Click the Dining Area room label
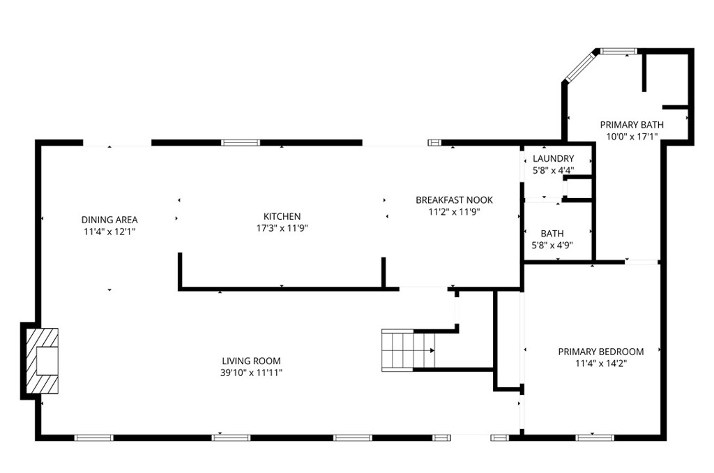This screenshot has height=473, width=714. (x=109, y=220)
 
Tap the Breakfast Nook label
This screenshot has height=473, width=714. (x=454, y=200)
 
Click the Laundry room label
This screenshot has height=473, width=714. (x=553, y=158)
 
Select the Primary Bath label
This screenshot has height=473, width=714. (x=632, y=125)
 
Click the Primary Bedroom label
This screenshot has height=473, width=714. (x=600, y=352)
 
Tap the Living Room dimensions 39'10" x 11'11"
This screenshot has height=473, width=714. (x=251, y=373)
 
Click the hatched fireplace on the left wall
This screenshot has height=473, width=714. (x=42, y=361)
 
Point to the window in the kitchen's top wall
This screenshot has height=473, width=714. (x=241, y=142)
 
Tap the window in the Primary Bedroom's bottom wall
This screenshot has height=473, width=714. (x=594, y=437)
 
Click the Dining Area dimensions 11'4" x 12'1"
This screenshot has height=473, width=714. (x=109, y=231)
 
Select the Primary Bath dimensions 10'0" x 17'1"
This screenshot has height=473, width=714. (x=632, y=136)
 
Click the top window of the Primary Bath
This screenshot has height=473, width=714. (x=618, y=51)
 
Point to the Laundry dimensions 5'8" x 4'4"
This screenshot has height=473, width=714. (x=553, y=170)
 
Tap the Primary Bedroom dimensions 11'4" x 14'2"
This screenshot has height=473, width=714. (x=600, y=363)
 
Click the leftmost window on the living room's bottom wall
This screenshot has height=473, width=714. (x=93, y=437)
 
